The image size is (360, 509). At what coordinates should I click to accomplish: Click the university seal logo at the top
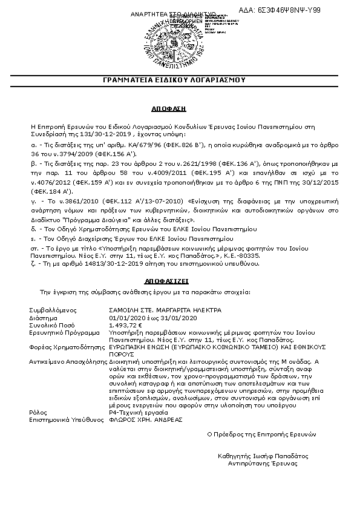pos(180,41)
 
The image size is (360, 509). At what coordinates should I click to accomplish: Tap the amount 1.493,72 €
pos(125,325)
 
